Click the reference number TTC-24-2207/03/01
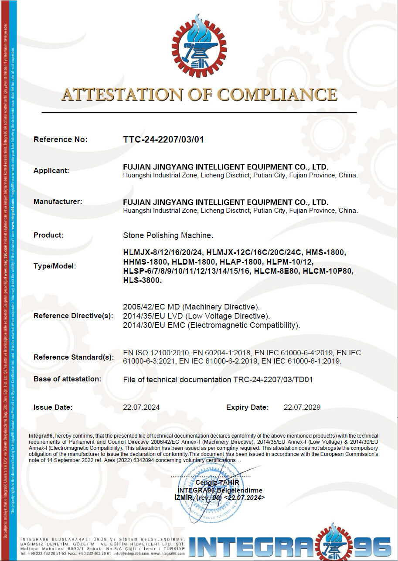pos(163,139)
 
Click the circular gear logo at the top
pos(199,46)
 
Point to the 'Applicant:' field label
pos(51,170)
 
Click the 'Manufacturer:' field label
pos(58,201)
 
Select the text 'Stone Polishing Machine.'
pos(168,235)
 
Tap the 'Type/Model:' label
pos(54,266)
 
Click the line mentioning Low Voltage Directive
pos(197,316)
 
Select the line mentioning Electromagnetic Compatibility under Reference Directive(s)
pos(212,325)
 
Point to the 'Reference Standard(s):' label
pos(74,357)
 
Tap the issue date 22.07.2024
pos(142,408)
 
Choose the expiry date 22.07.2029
pos(302,408)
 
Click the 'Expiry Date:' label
pos(247,408)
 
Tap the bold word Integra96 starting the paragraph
pos(41,435)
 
